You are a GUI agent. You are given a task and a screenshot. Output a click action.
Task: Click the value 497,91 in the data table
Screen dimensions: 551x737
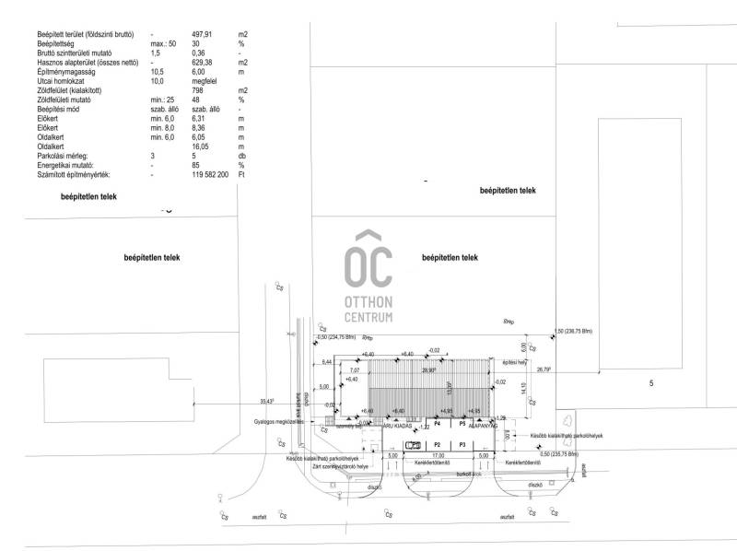(x=203, y=34)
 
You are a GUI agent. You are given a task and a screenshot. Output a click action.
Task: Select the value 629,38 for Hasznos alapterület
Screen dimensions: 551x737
(x=204, y=63)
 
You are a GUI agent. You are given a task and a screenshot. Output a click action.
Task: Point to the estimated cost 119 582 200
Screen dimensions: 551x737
(x=210, y=174)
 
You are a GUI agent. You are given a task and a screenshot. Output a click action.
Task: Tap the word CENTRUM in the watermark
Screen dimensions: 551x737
(x=368, y=317)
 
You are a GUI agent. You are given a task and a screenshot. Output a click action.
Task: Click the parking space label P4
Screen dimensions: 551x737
(x=438, y=423)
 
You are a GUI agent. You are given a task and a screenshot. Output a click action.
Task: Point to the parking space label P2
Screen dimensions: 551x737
(x=438, y=444)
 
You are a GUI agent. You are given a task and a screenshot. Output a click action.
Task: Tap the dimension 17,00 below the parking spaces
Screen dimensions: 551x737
(x=437, y=455)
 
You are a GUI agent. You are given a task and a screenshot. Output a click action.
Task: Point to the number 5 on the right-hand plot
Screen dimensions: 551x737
(x=650, y=382)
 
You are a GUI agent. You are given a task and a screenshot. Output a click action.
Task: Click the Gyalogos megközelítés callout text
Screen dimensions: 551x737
(x=278, y=423)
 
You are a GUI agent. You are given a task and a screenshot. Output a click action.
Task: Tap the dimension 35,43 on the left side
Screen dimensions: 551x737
(x=268, y=401)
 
